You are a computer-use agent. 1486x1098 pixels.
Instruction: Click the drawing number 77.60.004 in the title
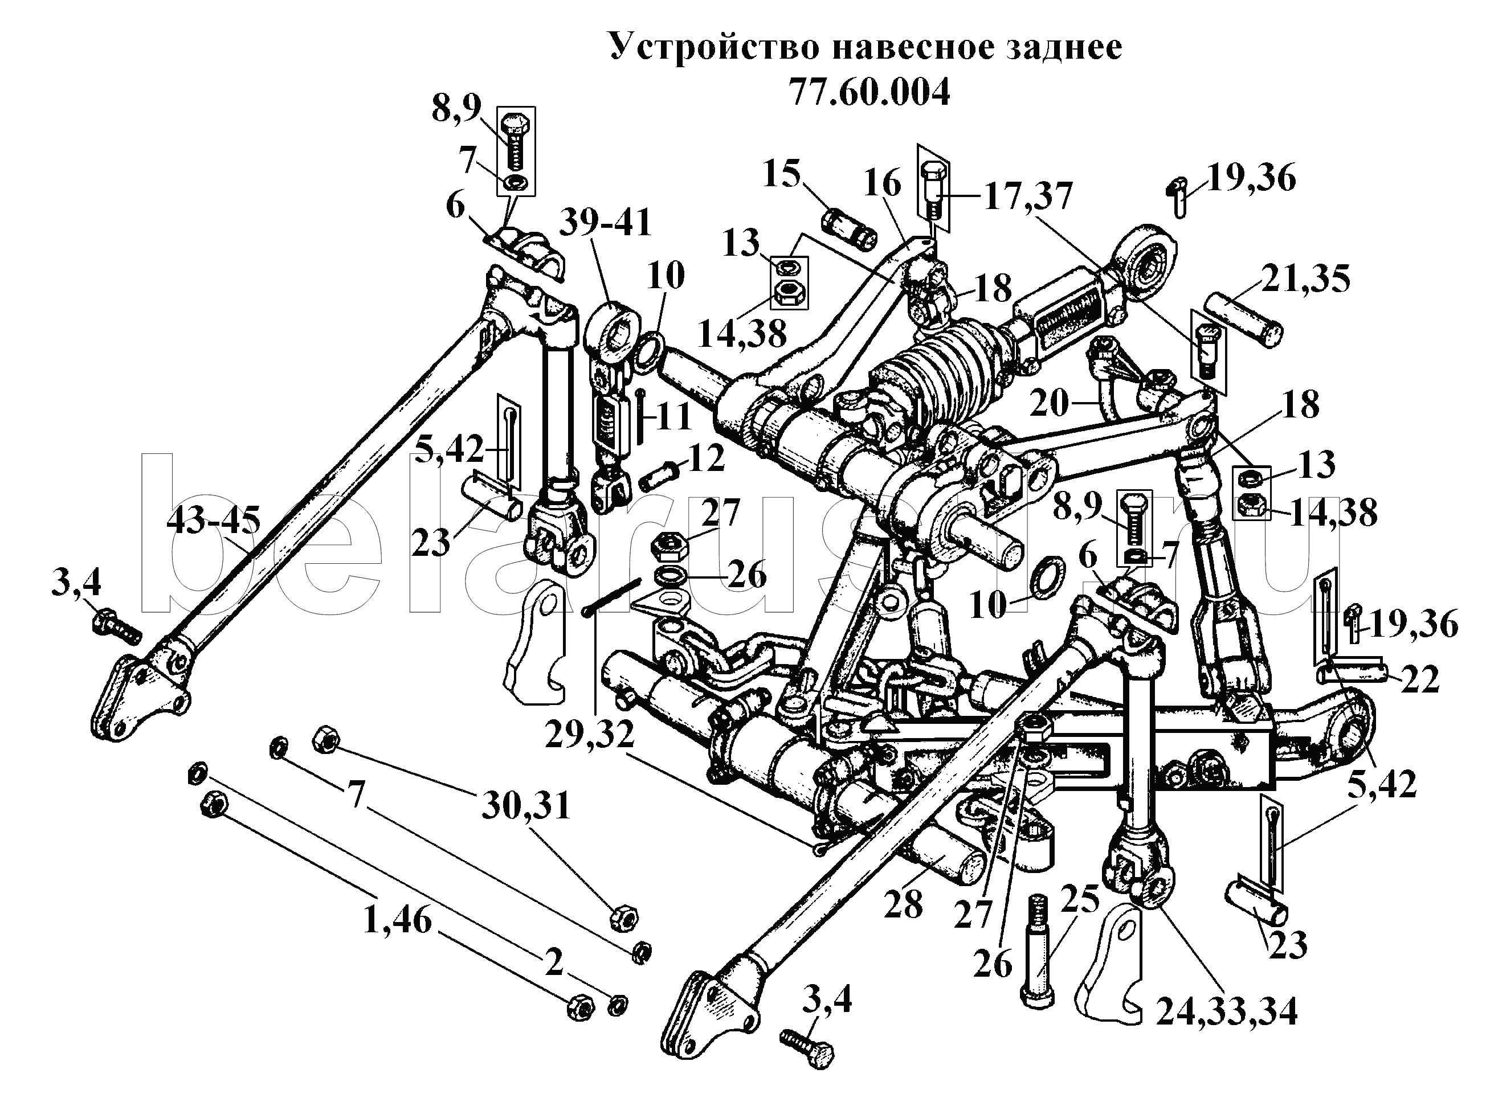pyautogui.click(x=869, y=93)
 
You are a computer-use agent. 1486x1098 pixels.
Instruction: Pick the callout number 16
pyautogui.click(x=882, y=183)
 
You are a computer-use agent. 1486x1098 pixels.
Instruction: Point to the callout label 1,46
pyautogui.click(x=398, y=922)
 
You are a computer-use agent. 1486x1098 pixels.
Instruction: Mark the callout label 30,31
pyautogui.click(x=526, y=806)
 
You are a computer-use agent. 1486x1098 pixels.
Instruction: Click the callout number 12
pyautogui.click(x=706, y=458)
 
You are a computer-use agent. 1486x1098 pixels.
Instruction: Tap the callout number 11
pyautogui.click(x=673, y=418)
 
